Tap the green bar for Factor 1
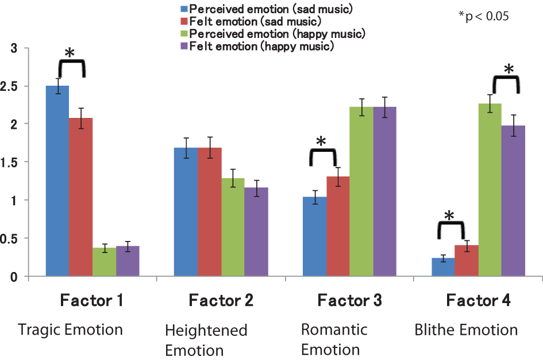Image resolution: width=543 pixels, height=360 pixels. click(x=104, y=262)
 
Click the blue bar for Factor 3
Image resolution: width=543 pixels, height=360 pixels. click(x=315, y=236)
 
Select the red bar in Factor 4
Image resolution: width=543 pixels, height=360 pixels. click(x=467, y=261)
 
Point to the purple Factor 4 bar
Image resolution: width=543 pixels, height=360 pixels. click(x=514, y=201)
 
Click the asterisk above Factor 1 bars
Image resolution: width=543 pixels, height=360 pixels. click(x=70, y=53)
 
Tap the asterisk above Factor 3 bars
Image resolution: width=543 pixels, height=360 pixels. click(x=321, y=141)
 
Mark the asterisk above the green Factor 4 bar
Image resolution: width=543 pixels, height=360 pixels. click(x=509, y=70)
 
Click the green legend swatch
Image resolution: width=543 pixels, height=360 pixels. click(x=184, y=35)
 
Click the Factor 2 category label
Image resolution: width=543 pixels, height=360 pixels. click(x=221, y=300)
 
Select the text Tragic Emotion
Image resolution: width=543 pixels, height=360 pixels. click(x=71, y=330)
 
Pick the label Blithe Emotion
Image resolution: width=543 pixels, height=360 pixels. click(x=466, y=330)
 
